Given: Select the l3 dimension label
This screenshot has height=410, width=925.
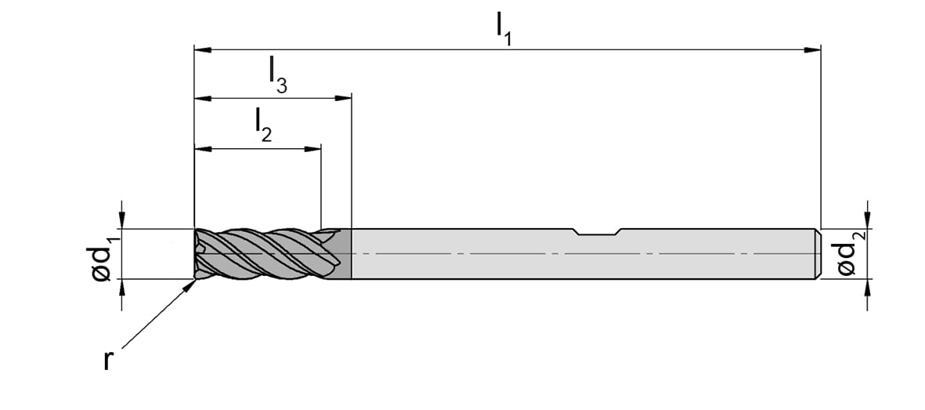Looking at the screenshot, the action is click(277, 77).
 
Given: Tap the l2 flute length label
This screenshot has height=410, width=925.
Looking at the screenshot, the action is click(263, 126).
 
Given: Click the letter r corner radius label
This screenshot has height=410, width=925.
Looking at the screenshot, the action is click(107, 360).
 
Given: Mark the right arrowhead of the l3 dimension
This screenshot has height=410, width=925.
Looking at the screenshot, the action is click(343, 98).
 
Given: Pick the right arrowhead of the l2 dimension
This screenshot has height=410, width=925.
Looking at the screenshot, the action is click(313, 148).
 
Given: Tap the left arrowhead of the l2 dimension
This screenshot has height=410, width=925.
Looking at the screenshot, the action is click(203, 148).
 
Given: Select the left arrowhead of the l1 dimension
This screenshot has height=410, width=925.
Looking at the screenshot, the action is click(203, 49).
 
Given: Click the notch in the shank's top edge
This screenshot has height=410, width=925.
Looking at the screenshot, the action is click(597, 231).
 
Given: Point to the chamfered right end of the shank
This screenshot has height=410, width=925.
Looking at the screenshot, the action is click(818, 253).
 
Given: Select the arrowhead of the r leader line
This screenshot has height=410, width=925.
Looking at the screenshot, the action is click(190, 285).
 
